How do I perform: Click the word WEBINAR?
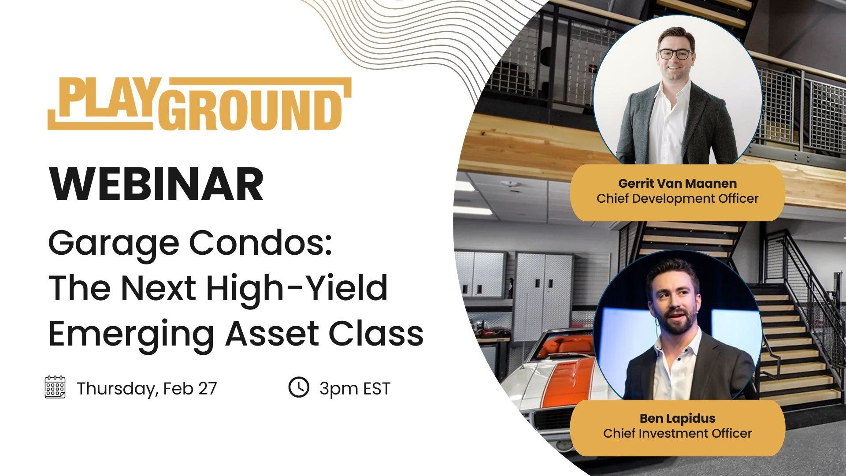point(156,184)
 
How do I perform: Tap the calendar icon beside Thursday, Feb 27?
point(55,387)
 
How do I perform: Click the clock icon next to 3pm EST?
point(299,387)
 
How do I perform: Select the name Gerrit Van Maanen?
point(677,183)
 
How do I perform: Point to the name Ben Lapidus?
point(677,418)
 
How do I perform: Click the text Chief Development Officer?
point(677,198)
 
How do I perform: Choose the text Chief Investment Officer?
point(677,433)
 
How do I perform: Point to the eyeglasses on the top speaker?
point(675,55)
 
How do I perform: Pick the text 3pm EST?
point(355,389)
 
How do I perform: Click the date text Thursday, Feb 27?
point(147,389)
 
